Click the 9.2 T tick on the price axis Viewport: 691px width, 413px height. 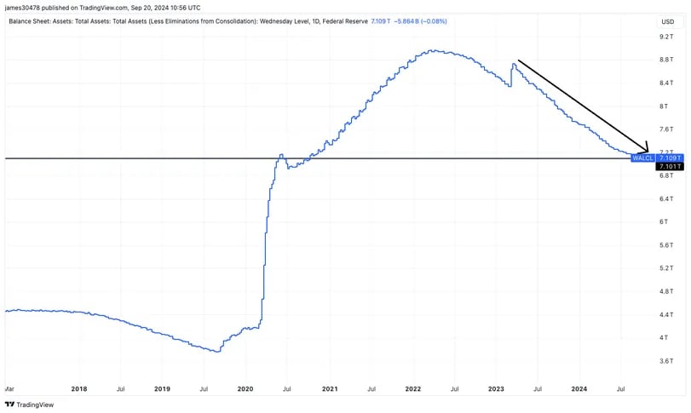667,37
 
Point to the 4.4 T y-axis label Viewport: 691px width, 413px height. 667,314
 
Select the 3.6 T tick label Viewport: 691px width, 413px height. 667,360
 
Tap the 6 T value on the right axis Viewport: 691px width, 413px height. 667,221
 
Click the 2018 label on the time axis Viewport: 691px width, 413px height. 78,389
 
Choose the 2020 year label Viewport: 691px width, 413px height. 245,389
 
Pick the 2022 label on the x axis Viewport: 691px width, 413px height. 412,389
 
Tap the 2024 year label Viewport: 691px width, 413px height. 579,389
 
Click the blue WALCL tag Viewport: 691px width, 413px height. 642,158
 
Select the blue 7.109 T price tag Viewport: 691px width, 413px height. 670,158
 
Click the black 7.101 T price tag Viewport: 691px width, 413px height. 670,167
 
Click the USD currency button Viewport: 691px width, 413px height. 667,21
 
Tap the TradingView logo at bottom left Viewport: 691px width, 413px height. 30,405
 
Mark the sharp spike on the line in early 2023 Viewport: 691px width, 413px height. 514,64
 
